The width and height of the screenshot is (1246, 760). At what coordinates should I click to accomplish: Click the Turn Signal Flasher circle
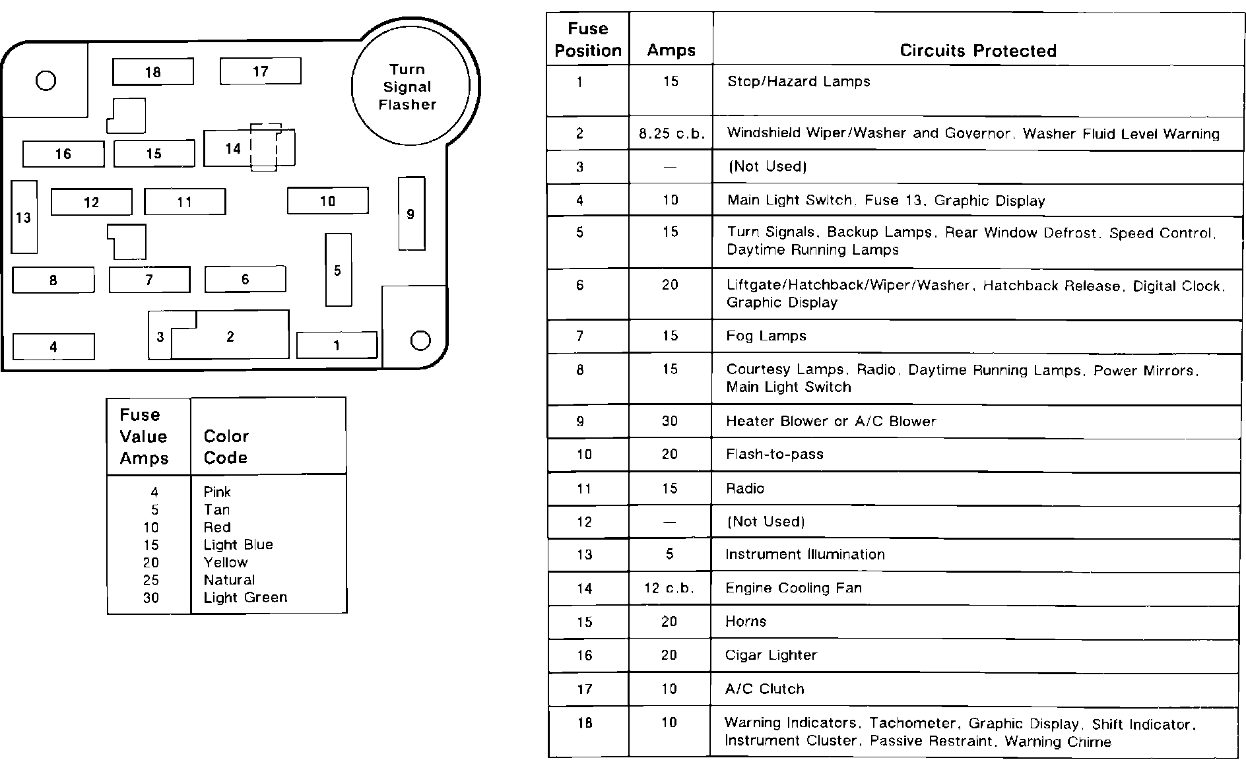tap(410, 86)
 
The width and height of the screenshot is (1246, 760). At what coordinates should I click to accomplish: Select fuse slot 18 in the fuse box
tap(153, 72)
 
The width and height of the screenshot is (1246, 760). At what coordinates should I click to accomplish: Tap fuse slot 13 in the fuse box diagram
tap(24, 217)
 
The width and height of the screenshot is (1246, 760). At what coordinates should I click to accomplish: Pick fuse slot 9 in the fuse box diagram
tap(411, 214)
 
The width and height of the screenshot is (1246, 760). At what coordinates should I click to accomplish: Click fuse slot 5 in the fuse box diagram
tap(338, 270)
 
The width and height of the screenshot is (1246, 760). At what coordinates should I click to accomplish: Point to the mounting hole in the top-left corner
tap(46, 80)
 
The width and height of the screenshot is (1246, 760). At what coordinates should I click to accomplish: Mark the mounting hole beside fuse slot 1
tap(420, 340)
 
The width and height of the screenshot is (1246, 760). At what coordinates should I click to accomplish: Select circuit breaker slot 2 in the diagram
tap(230, 336)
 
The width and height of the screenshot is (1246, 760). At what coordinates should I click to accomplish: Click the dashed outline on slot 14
tap(265, 147)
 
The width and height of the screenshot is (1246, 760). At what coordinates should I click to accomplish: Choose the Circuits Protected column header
tap(978, 51)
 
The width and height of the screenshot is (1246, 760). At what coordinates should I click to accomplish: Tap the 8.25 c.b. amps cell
tap(671, 134)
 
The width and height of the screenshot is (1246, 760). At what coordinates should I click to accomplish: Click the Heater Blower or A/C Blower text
tap(831, 422)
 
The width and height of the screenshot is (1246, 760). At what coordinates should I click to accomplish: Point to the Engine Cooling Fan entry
tap(793, 588)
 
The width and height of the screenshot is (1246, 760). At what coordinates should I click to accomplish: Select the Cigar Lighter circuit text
tap(771, 655)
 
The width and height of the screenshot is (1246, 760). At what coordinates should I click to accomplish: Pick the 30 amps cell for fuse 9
tap(670, 422)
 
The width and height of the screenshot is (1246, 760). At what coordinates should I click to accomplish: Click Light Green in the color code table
tap(246, 598)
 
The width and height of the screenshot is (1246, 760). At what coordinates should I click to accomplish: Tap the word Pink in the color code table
tap(217, 492)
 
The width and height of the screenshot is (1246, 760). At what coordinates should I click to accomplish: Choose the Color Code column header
tap(226, 447)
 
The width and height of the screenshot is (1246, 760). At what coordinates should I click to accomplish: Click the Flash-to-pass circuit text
tap(775, 455)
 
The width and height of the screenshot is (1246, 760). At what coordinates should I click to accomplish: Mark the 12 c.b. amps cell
tap(669, 588)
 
